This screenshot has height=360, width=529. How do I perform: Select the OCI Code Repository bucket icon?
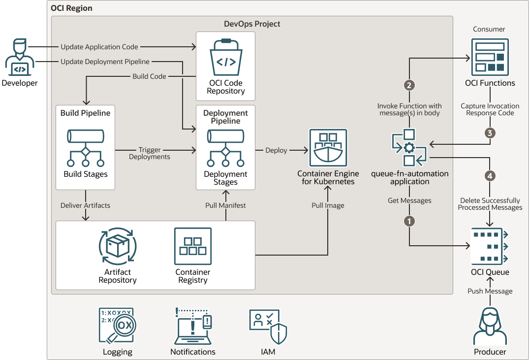[226, 56]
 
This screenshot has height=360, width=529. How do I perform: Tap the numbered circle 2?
[409, 85]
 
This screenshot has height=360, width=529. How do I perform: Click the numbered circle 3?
[490, 132]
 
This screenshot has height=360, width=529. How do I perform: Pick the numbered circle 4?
[490, 175]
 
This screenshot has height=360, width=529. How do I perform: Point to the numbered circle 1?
[409, 221]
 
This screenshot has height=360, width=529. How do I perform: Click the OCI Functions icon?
[490, 57]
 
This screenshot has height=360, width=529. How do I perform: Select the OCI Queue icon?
[490, 246]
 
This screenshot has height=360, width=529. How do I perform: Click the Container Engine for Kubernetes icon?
[328, 148]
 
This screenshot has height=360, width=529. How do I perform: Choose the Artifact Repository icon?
[117, 246]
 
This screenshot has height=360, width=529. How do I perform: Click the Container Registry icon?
[193, 246]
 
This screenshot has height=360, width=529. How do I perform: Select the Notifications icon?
[193, 326]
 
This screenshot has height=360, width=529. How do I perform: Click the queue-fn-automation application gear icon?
[409, 148]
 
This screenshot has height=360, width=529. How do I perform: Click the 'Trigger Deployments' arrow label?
[150, 153]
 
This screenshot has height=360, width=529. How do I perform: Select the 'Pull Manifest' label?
[225, 205]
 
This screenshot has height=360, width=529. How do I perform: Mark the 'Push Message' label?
[490, 291]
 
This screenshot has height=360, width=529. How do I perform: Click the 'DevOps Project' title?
[252, 24]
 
